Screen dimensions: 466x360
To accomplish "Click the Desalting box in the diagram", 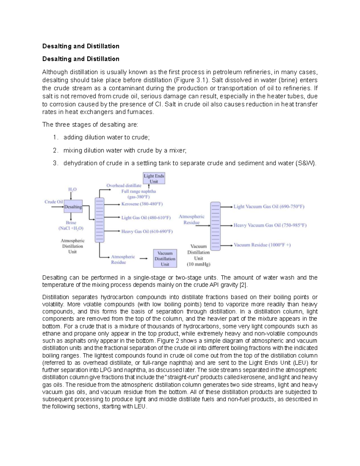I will tap(73, 206).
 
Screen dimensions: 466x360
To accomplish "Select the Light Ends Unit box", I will tap(154, 179).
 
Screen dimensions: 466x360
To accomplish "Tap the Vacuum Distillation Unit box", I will tap(165, 258).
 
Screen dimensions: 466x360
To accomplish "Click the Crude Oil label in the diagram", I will tap(54, 202).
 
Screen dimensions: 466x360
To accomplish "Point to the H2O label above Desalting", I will tap(72, 189).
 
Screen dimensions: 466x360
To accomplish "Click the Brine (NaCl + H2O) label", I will tap(71, 225).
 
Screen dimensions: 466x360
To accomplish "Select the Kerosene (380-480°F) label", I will tap(142, 204).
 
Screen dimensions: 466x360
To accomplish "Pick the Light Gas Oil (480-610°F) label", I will tap(146, 218).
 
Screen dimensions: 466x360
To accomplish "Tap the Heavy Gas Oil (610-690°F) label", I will tap(147, 231).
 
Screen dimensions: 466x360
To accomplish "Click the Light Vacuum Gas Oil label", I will tap(269, 206).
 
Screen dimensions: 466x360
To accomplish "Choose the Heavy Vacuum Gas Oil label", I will tap(270, 225).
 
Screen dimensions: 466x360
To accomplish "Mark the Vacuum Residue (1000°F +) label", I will tap(262, 245).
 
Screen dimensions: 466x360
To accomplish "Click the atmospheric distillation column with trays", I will tap(99, 220).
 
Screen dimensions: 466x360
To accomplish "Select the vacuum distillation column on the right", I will tap(215, 226).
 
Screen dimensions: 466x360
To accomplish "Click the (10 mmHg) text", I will tap(198, 264).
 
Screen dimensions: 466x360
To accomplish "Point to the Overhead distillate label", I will tap(124, 185).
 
